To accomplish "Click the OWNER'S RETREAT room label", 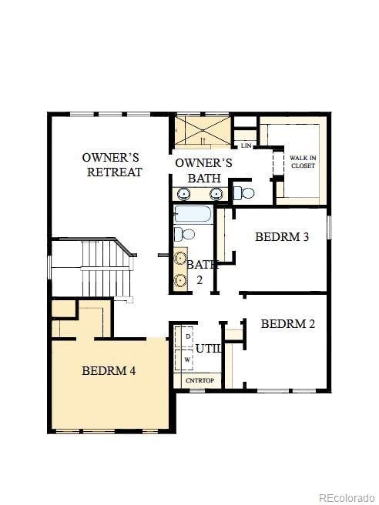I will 112,165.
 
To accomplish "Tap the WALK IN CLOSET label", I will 303,162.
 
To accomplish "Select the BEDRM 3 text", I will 282,236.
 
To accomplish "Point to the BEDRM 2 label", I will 287,324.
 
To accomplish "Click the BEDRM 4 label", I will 109,370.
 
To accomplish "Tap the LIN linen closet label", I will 246,145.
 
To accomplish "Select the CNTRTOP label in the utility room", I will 199,380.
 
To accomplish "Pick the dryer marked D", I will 187,337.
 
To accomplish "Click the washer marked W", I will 187,359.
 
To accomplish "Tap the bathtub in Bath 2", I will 193,214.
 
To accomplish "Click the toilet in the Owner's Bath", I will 243,192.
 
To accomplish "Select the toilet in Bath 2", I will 183,233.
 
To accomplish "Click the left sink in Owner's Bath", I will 185,193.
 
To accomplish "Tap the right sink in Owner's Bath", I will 216,193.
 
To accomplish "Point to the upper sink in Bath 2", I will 181,258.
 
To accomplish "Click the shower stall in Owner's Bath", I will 201,130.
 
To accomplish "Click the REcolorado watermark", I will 347,497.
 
